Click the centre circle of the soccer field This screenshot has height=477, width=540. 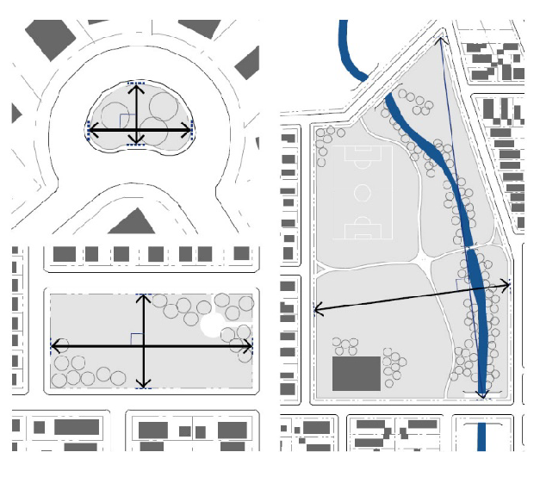pyautogui.click(x=362, y=191)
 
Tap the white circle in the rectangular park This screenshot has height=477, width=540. pyautogui.click(x=211, y=324)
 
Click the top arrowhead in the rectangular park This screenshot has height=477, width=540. pyautogui.click(x=144, y=298)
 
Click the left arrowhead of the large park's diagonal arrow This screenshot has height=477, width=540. pyautogui.click(x=317, y=307)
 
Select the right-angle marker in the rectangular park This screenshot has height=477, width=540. pyautogui.click(x=136, y=338)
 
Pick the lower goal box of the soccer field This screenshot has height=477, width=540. pyautogui.click(x=362, y=231)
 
